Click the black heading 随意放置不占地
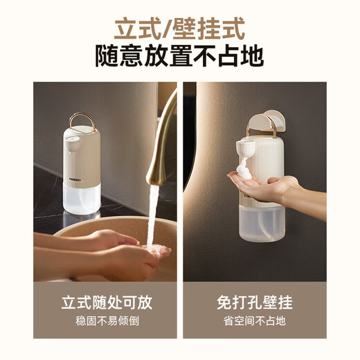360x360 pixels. click(179, 56)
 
